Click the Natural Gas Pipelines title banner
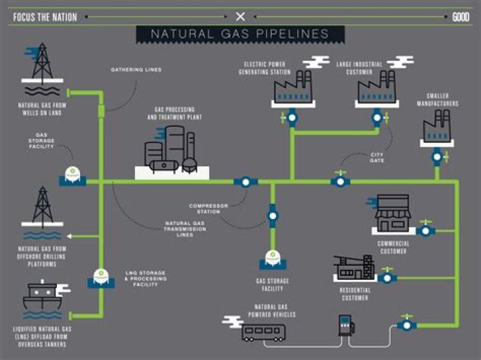[240, 34]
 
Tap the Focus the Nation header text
[45, 17]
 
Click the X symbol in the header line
[240, 17]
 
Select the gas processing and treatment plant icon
[172, 150]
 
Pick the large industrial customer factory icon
[377, 87]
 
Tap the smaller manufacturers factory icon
[437, 126]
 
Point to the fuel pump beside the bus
[346, 325]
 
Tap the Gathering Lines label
[136, 69]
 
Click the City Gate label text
[377, 158]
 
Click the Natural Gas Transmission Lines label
[185, 228]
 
